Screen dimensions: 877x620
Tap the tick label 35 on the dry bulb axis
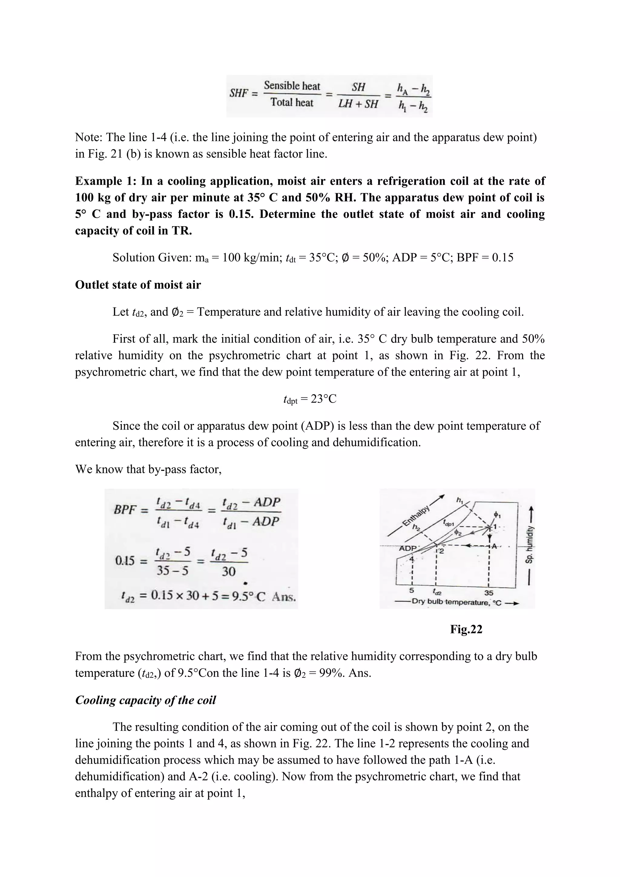(x=489, y=593)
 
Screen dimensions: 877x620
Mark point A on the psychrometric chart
(x=494, y=546)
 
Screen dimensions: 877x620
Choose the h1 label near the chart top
(x=460, y=500)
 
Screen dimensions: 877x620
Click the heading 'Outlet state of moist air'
(x=138, y=285)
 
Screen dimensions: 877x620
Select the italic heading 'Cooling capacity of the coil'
(x=145, y=700)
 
